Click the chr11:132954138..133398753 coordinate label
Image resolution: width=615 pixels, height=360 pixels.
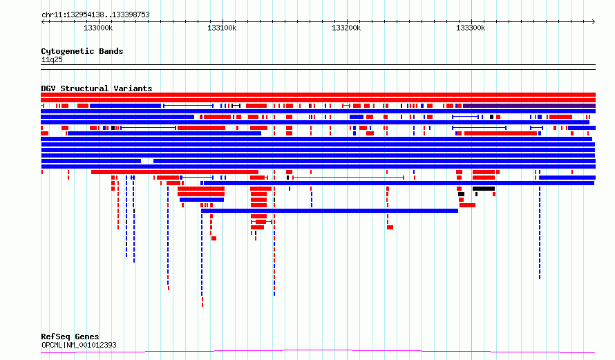tap(95, 15)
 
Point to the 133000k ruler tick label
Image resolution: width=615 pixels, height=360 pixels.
tap(98, 28)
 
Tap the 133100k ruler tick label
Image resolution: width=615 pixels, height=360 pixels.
tap(222, 28)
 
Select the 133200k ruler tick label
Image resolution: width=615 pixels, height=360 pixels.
tap(346, 28)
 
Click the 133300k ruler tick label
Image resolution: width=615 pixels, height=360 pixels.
tap(471, 28)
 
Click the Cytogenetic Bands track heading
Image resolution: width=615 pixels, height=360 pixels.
tap(82, 51)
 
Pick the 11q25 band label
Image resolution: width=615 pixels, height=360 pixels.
tap(52, 59)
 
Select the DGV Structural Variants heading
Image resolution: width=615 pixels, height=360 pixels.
tap(97, 88)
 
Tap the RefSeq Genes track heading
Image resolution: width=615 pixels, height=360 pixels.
tap(70, 337)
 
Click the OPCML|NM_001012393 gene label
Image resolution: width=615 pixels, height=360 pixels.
tap(79, 345)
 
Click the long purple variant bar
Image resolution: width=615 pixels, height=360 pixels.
tap(529, 106)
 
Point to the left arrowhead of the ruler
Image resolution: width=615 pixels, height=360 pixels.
tap(42, 21)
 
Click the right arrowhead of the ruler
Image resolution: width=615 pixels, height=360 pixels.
tap(594, 21)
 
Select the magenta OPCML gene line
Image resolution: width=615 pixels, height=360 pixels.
tap(318, 351)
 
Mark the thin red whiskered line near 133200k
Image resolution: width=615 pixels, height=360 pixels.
tap(348, 178)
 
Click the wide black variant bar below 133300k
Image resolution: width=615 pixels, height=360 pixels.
tap(484, 189)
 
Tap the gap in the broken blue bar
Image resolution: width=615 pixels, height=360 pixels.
tap(147, 161)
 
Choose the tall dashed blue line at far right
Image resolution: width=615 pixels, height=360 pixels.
tap(540, 233)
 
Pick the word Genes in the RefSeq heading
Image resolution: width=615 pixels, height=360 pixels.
tap(87, 337)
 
